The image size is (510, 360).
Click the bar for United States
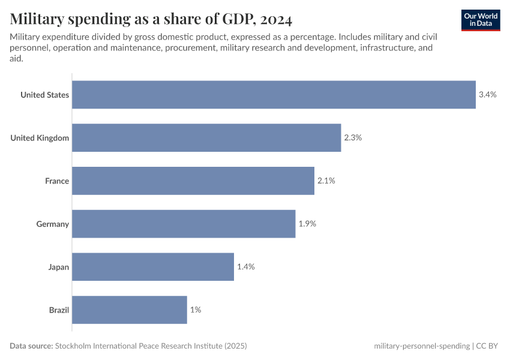click(x=274, y=95)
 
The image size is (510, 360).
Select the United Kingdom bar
click(x=206, y=138)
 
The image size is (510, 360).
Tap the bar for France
click(x=193, y=181)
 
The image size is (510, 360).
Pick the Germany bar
click(x=184, y=224)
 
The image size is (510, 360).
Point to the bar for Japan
click(x=153, y=266)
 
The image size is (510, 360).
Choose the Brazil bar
click(x=130, y=310)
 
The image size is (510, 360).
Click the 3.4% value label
click(x=487, y=95)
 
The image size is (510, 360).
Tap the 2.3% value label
click(x=353, y=138)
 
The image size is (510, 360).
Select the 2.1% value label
click(x=326, y=181)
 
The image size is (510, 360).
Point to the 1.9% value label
click(x=307, y=224)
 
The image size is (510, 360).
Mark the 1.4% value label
click(x=245, y=266)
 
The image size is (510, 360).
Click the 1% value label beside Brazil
click(x=196, y=310)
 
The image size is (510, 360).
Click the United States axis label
click(x=44, y=95)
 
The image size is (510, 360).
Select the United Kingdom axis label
click(x=40, y=138)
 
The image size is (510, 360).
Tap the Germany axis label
click(x=53, y=224)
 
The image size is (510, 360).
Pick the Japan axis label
click(x=59, y=266)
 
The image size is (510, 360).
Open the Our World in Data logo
click(x=481, y=20)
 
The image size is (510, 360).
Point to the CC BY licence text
click(x=488, y=346)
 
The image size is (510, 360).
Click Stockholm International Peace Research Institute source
click(x=151, y=346)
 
